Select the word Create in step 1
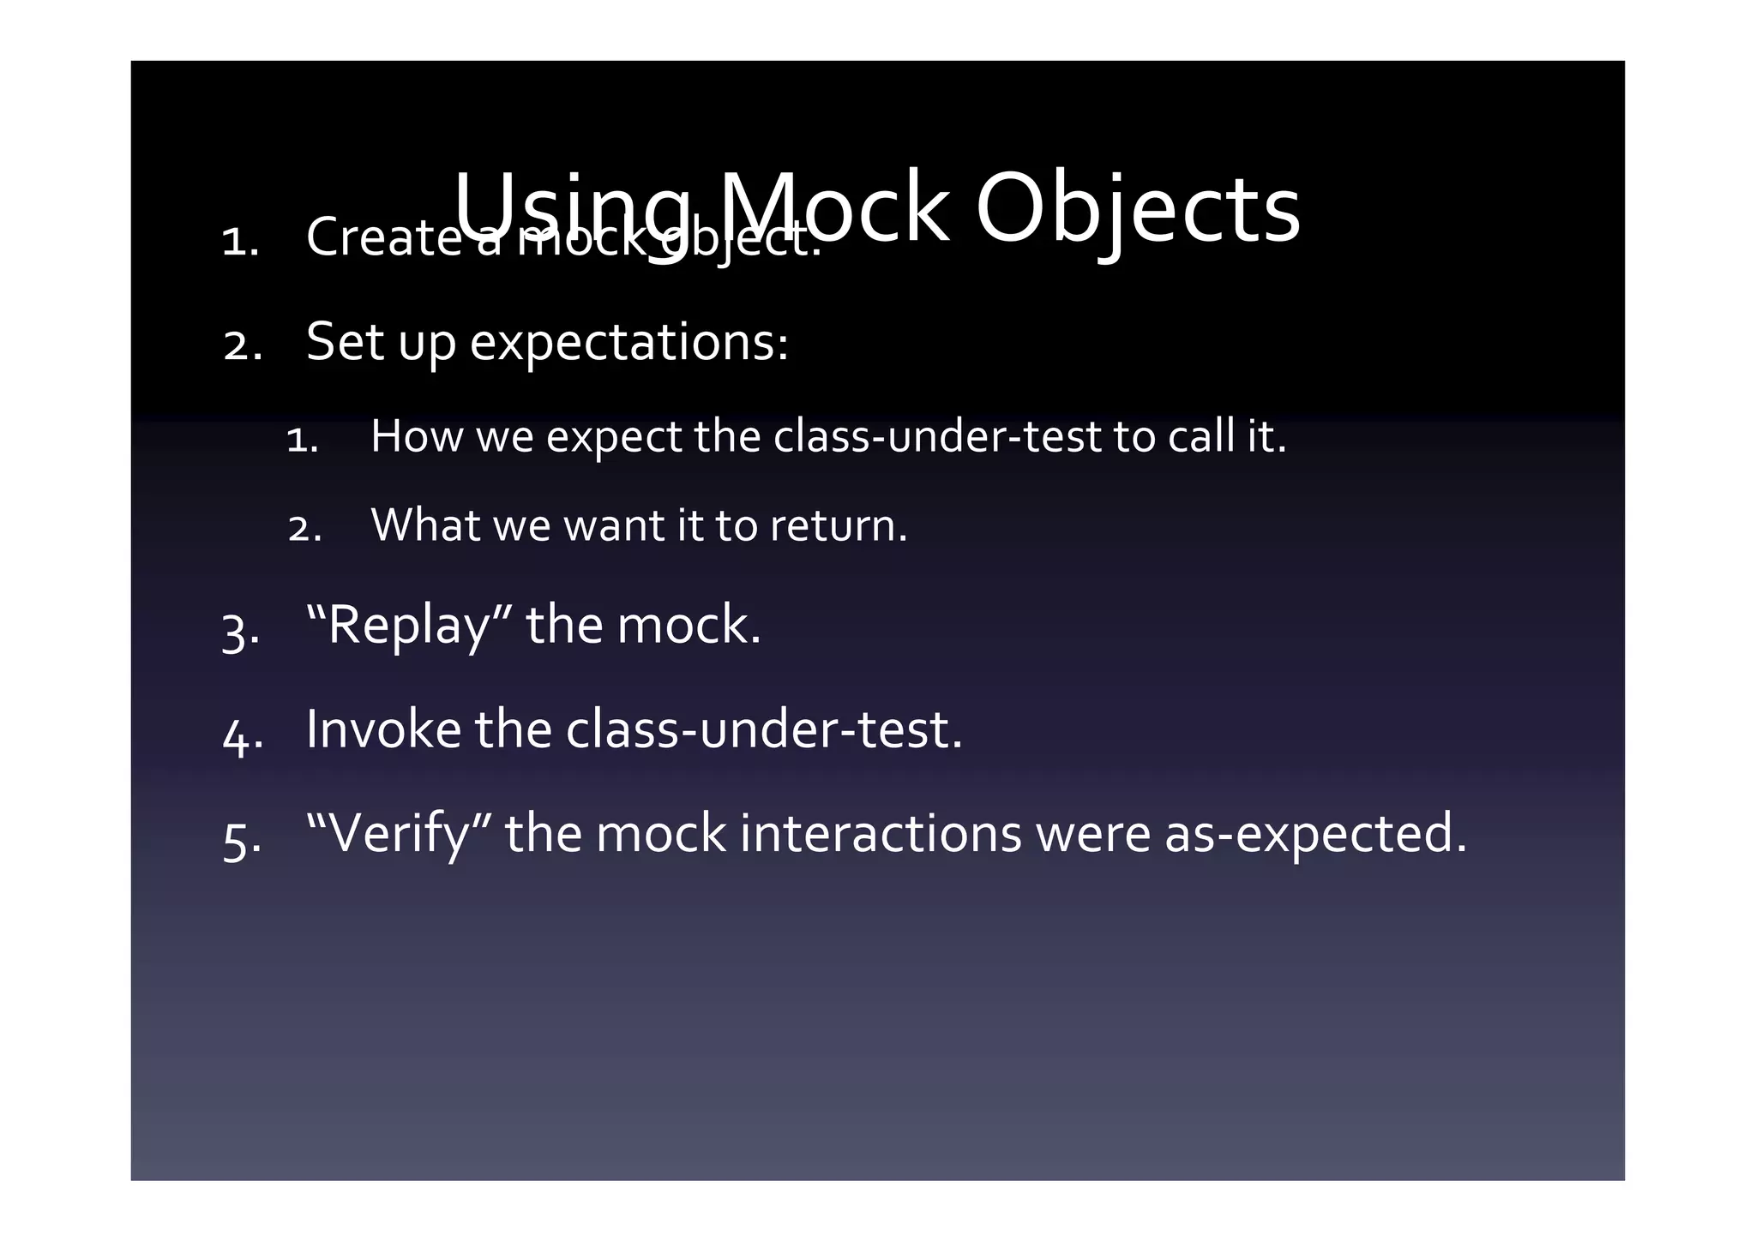tap(384, 237)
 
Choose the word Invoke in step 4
tap(383, 729)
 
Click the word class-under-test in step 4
tap(763, 729)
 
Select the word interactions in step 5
tap(880, 833)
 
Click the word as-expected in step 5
tap(1314, 833)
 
